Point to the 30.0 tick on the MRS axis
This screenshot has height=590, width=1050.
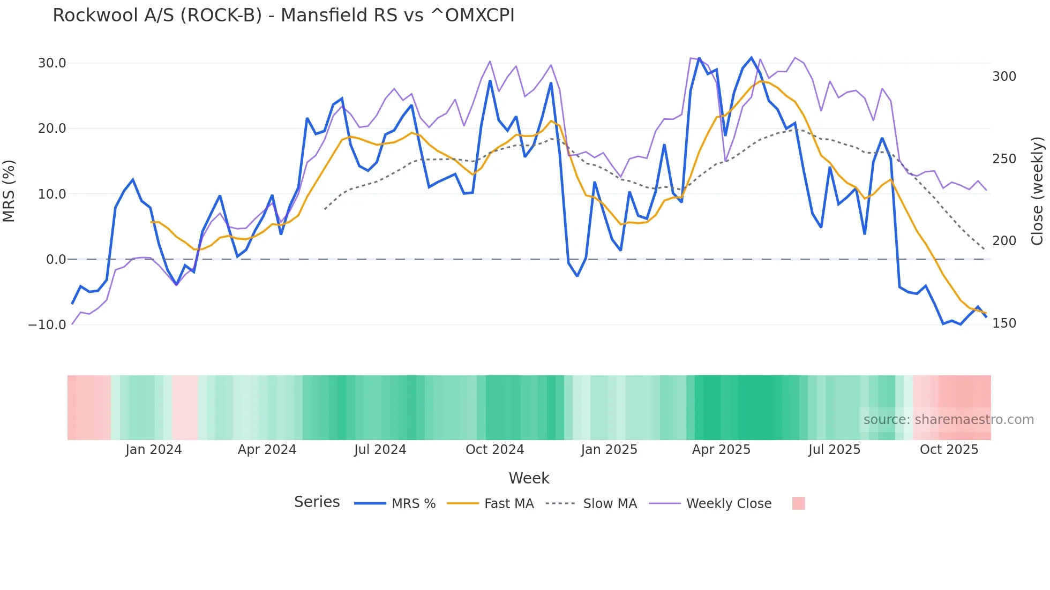[x=52, y=63]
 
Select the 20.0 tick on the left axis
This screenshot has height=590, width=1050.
[x=52, y=128]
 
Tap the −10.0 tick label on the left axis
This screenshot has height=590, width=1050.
[x=47, y=324]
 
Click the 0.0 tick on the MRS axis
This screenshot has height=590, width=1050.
[x=56, y=260]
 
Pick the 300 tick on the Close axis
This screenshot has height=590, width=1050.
[x=1004, y=77]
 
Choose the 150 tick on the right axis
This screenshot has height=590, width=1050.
[x=1004, y=323]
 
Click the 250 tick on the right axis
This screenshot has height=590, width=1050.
[x=1004, y=159]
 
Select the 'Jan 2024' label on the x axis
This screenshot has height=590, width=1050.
[x=154, y=450]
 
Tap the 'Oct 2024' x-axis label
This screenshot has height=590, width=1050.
[x=494, y=450]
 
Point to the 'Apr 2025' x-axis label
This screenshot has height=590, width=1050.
[x=721, y=450]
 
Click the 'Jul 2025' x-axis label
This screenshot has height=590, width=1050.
[x=834, y=450]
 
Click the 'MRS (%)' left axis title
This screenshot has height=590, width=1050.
[x=9, y=191]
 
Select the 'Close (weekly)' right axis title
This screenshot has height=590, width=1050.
[x=1037, y=191]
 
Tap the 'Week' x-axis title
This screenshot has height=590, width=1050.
[x=529, y=478]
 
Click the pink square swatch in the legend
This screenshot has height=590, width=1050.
[x=798, y=503]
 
